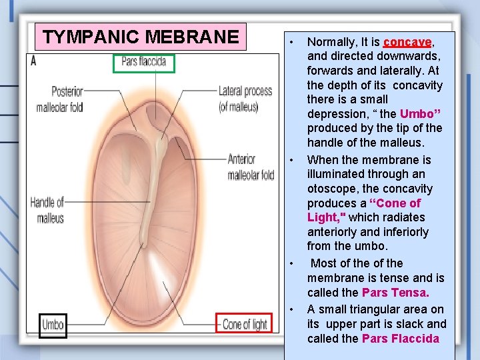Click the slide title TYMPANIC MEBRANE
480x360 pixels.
(141, 37)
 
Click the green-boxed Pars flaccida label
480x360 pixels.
(143, 63)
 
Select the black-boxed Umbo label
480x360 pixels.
(53, 325)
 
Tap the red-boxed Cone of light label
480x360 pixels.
(244, 325)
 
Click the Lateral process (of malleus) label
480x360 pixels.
(245, 98)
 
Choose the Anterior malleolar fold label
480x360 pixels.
(251, 167)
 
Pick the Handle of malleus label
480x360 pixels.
(47, 209)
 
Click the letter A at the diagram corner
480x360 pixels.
(33, 61)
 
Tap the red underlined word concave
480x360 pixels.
(408, 42)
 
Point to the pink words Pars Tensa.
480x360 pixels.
(395, 293)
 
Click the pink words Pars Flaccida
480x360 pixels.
(401, 339)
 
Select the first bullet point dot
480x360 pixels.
(291, 43)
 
